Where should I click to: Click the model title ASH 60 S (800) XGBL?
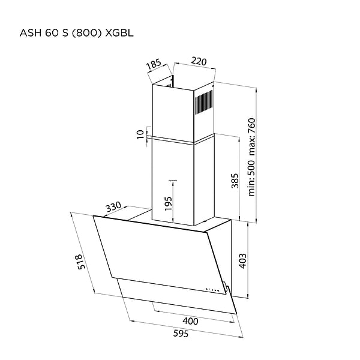(x=76, y=33)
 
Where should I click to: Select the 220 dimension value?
(x=199, y=61)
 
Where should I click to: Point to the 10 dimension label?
(x=140, y=134)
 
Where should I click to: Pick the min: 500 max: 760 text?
(x=251, y=157)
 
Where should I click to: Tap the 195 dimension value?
(x=168, y=203)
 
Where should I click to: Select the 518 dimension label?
(x=81, y=262)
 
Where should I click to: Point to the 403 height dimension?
(x=242, y=260)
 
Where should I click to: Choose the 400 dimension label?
(x=190, y=321)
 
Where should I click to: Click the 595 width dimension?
(x=181, y=334)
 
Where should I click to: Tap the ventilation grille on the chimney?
(x=204, y=103)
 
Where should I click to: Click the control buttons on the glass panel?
(x=213, y=290)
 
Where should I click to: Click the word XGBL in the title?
(x=119, y=33)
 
